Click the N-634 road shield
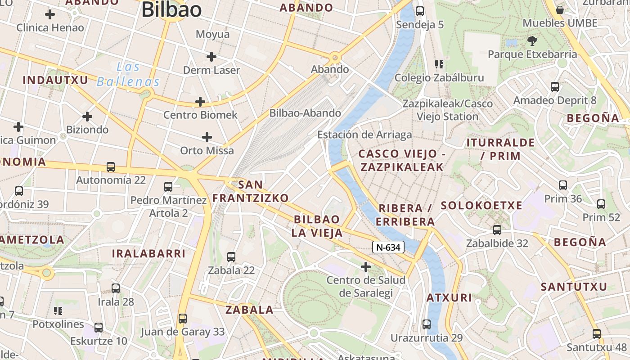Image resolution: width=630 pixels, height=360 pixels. (388, 247)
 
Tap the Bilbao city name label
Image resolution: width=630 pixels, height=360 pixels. (171, 10)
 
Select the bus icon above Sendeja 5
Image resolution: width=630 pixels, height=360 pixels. (420, 11)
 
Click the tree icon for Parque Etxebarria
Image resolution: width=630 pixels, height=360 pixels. (532, 41)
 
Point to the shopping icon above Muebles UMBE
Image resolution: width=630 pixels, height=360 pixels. (560, 9)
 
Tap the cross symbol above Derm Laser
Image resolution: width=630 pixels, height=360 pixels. (211, 57)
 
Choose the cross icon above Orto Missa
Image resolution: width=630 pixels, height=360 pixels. (207, 137)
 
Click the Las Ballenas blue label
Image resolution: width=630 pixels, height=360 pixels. (129, 75)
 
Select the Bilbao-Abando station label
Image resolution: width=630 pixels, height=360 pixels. (305, 113)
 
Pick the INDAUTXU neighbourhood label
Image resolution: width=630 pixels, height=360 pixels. (55, 81)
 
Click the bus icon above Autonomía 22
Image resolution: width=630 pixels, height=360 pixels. (111, 167)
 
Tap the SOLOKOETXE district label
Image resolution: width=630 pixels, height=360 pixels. (481, 206)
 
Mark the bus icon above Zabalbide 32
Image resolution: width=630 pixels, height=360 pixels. (497, 230)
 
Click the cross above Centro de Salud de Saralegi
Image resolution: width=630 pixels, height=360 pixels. (366, 267)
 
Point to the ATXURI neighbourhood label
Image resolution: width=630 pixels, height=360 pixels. (449, 298)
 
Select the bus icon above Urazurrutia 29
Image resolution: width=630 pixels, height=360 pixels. (426, 324)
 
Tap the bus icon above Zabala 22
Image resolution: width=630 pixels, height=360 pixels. (231, 257)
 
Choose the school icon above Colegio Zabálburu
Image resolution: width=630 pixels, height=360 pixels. (439, 64)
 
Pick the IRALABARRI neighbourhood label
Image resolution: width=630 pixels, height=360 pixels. (148, 253)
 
